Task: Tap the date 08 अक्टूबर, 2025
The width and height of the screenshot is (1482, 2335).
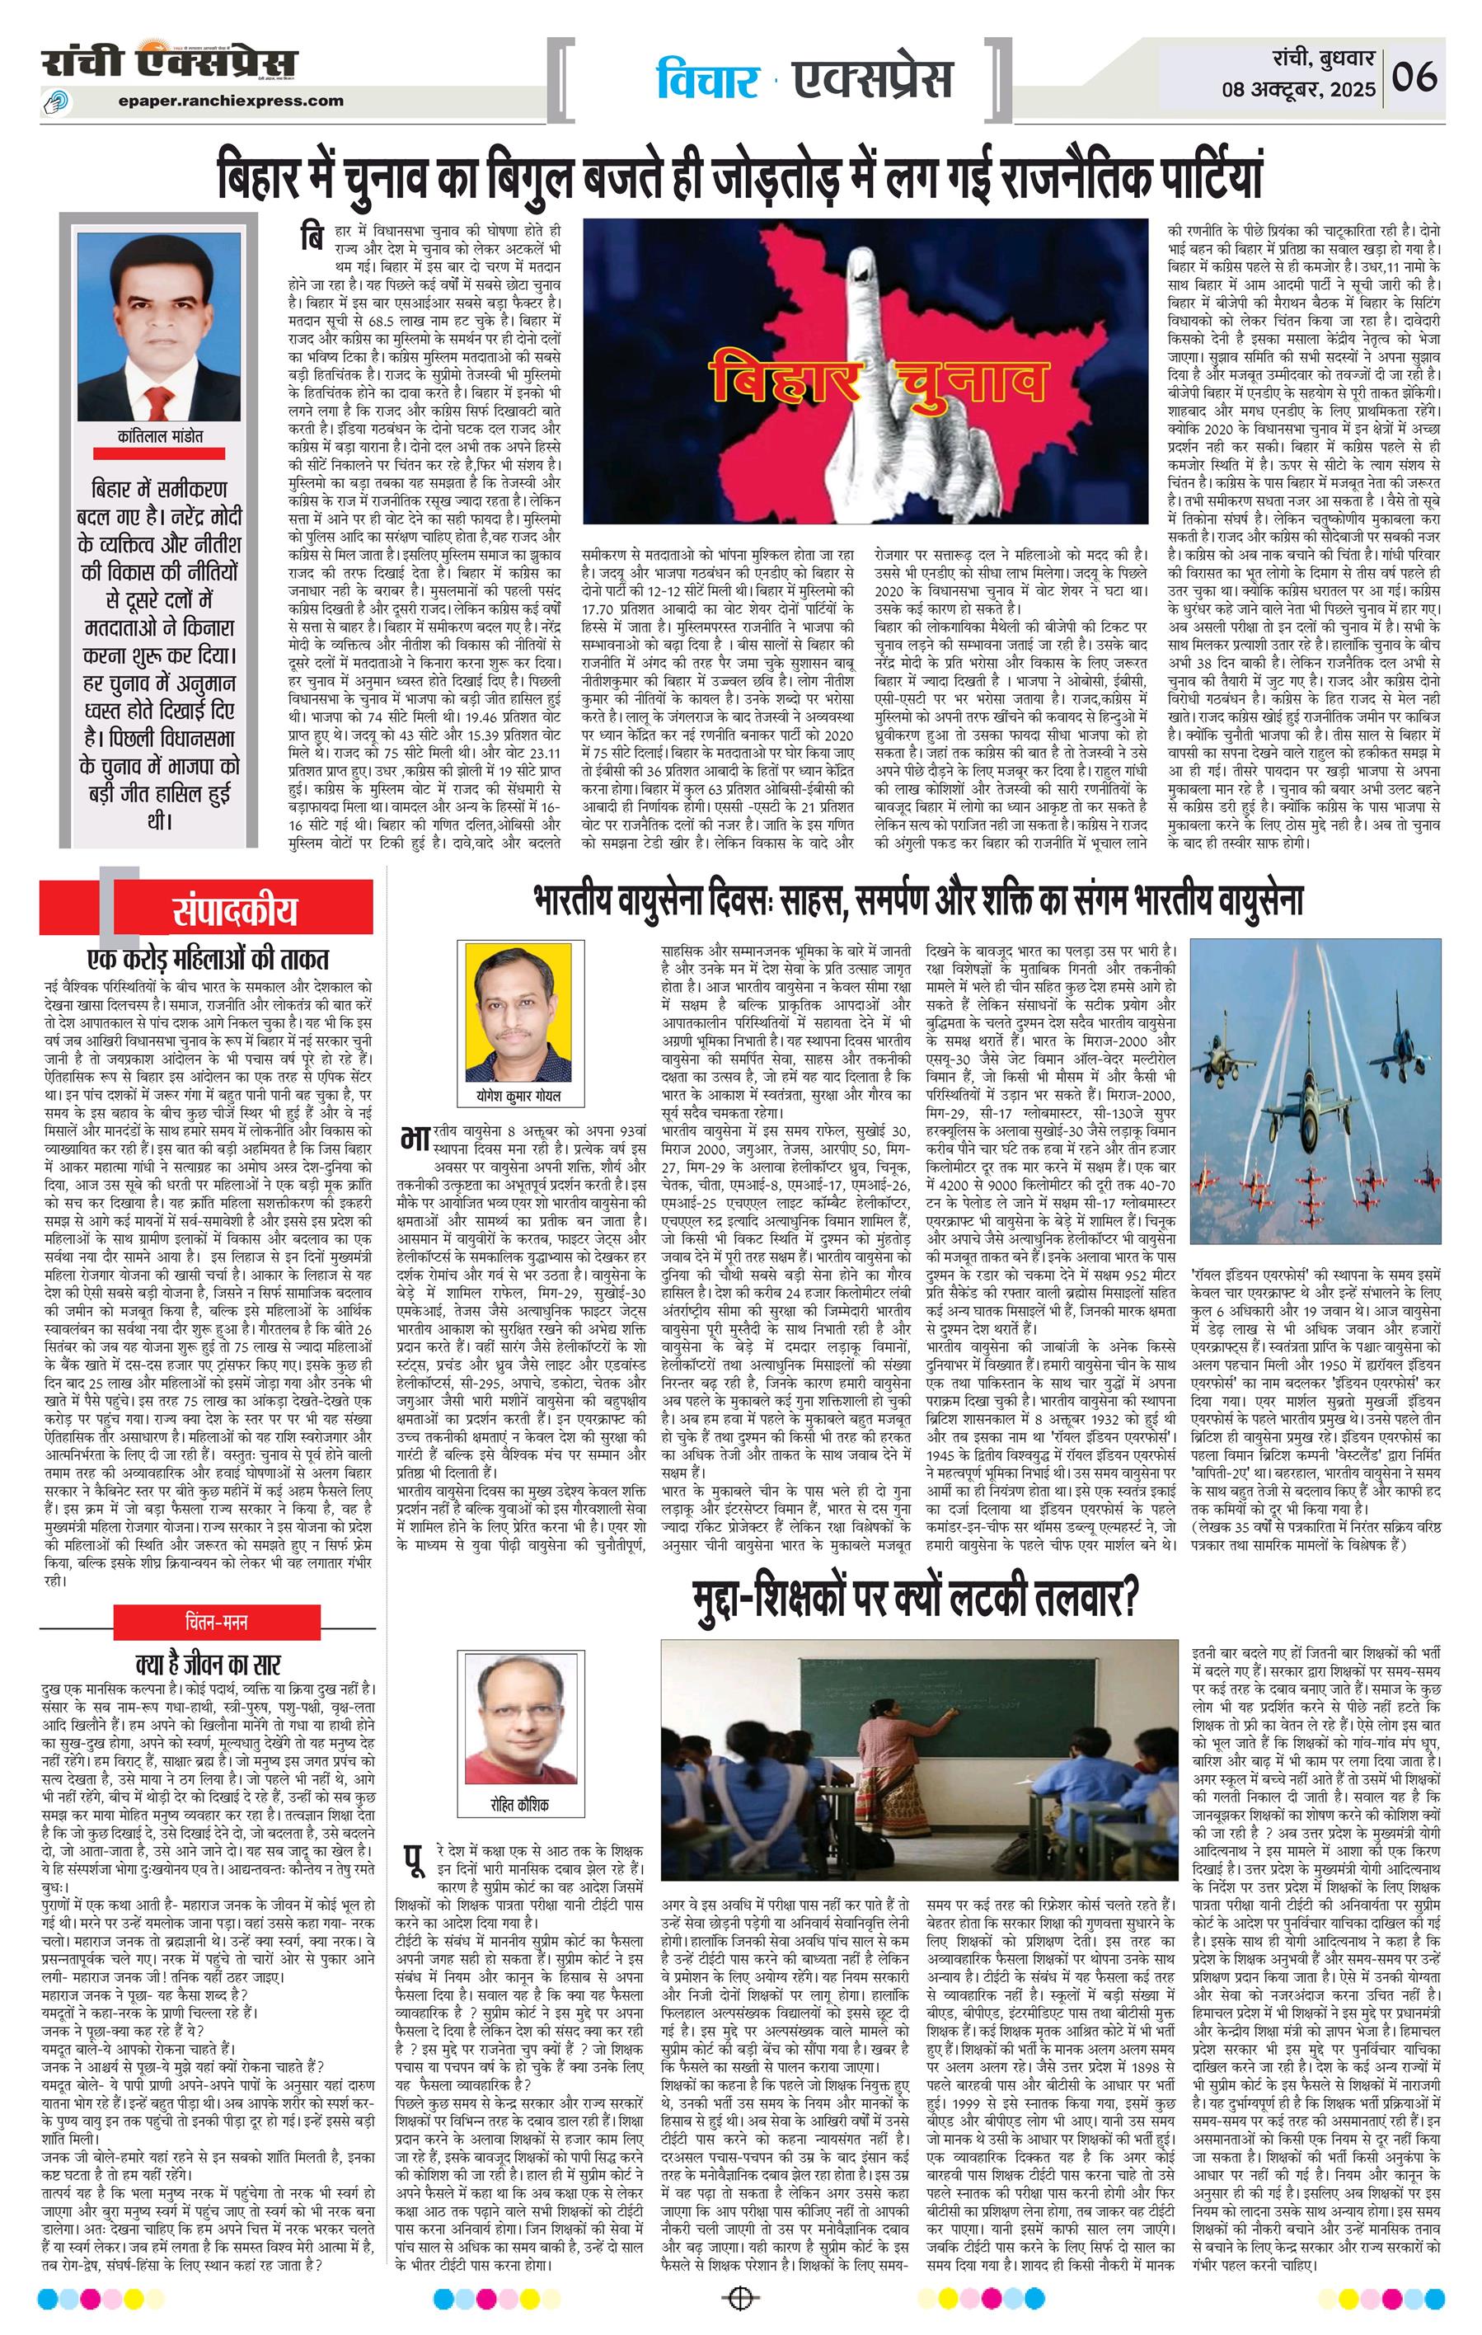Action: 1298,90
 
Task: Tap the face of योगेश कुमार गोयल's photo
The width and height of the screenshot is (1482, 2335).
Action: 513,1009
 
